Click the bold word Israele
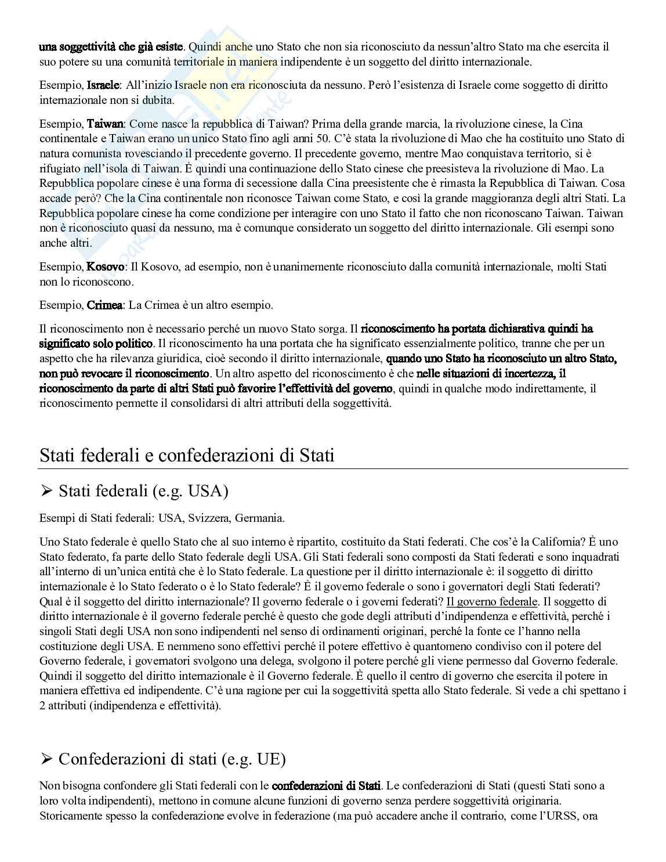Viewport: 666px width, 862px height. click(103, 85)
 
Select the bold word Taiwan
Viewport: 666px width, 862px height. click(105, 124)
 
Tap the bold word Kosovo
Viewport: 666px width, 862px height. click(106, 267)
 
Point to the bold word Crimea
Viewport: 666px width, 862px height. click(105, 305)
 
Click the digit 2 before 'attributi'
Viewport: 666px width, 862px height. click(42, 706)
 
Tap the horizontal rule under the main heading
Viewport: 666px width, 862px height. click(334, 468)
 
